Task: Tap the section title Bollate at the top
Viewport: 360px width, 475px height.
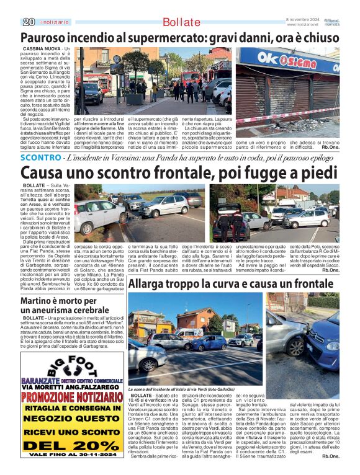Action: pyautogui.click(x=182, y=23)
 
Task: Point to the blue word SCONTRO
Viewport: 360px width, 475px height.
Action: pyautogui.click(x=41, y=158)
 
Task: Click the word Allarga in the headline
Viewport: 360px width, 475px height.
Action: pyautogui.click(x=151, y=284)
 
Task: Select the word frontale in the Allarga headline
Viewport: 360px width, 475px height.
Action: pyautogui.click(x=308, y=284)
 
